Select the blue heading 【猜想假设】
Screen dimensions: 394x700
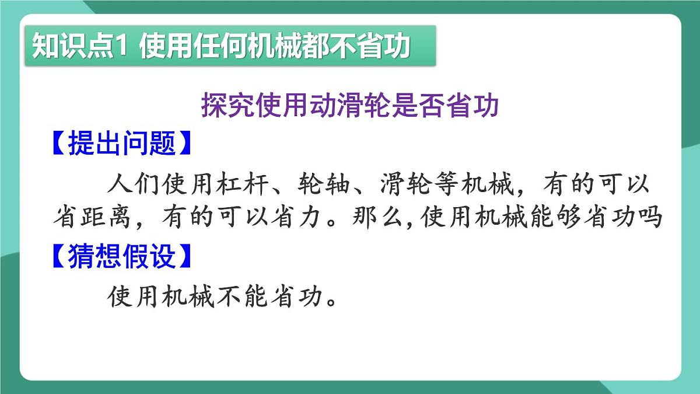click(x=121, y=256)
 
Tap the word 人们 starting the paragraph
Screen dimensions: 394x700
click(x=134, y=185)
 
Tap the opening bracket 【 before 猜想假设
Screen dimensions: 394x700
click(x=58, y=256)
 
